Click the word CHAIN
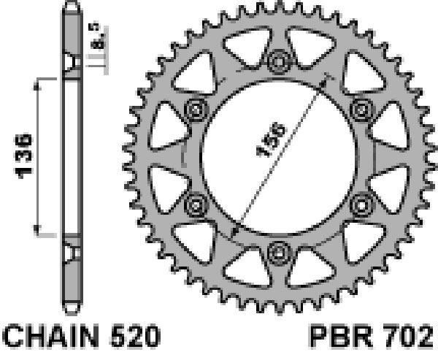click(x=51, y=336)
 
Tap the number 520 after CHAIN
click(x=136, y=336)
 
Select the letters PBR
click(x=342, y=336)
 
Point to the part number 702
click(x=408, y=336)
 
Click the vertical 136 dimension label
click(x=23, y=156)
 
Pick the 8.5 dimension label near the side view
click(x=95, y=37)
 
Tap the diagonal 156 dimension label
click(x=272, y=139)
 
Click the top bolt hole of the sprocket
click(x=279, y=61)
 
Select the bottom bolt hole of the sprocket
click(x=279, y=253)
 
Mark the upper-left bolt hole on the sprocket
click(x=196, y=110)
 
